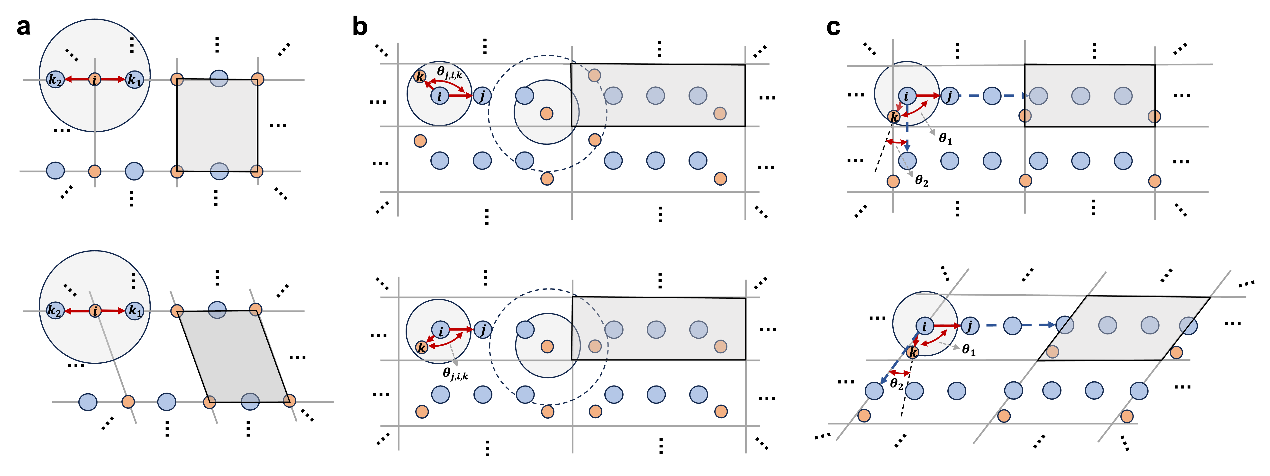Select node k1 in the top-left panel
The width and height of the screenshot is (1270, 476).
(134, 79)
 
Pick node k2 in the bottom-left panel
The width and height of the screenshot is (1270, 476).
(55, 311)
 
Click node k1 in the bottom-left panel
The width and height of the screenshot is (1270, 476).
(134, 311)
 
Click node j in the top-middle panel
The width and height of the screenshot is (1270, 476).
(482, 96)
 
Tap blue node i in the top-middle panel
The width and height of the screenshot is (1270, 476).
(440, 96)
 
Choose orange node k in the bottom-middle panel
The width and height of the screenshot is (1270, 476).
(422, 347)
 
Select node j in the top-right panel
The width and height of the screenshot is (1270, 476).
(949, 96)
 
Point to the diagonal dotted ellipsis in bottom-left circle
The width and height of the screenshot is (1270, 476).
(70, 290)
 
